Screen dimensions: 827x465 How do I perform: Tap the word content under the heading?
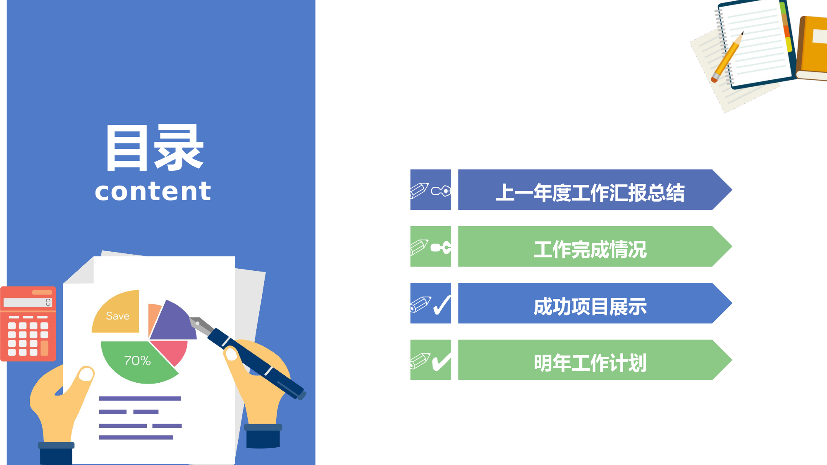153,191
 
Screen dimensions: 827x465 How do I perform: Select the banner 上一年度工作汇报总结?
595,190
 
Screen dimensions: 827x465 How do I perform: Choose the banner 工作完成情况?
595,246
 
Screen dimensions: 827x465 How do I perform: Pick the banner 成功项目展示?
595,303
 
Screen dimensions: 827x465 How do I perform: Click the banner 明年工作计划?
595,360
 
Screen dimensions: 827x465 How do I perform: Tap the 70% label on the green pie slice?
137,361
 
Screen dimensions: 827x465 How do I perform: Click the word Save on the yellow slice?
117,316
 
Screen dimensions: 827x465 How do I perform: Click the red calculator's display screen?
28,303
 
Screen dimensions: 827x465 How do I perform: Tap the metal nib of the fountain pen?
201,325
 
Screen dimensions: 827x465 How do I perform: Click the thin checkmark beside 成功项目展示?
442,305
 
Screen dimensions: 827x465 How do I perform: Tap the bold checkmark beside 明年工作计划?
442,362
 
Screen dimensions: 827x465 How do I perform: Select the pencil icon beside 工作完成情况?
419,247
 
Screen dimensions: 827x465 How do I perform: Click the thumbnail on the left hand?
86,374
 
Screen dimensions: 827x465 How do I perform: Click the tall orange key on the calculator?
45,348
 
